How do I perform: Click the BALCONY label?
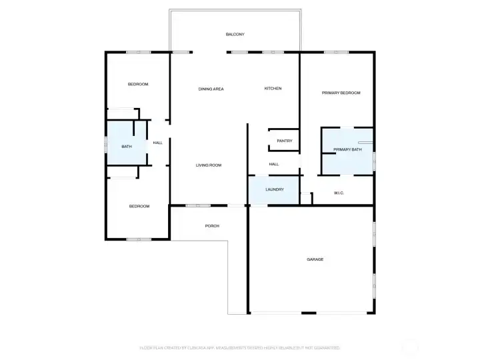tap(235, 34)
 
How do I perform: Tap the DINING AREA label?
tap(211, 89)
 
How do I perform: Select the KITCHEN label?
tap(273, 89)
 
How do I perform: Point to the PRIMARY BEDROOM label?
tap(341, 93)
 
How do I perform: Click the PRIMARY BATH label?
tap(347, 149)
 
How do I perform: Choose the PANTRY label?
tap(284, 141)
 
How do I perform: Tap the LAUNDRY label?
tap(275, 189)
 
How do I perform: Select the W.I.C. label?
tap(338, 193)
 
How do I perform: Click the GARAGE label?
tap(315, 259)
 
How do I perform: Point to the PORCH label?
tap(212, 226)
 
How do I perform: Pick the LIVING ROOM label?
tap(208, 165)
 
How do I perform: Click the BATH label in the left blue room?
tap(126, 147)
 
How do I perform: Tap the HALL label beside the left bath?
tap(158, 143)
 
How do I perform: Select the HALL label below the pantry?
tap(273, 164)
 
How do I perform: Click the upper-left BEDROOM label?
tap(138, 84)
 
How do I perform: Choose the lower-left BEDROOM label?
tap(139, 206)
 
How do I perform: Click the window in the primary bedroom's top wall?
tap(336, 52)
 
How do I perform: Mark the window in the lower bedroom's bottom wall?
tap(139, 239)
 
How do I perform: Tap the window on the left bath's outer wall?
tap(105, 145)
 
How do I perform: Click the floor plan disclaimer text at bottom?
tap(240, 347)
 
